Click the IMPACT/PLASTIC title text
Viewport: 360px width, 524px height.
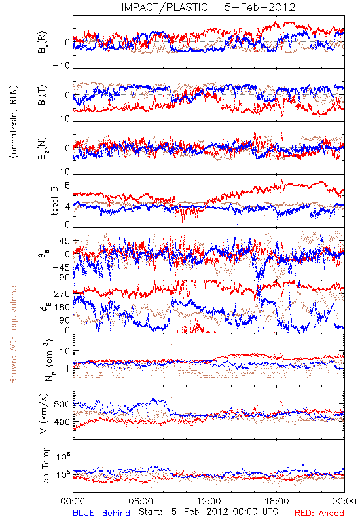164,7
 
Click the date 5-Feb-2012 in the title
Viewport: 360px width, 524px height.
260,7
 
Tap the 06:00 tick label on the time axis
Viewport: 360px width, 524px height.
141,501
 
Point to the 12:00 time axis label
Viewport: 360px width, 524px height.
209,501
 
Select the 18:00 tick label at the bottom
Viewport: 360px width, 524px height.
277,501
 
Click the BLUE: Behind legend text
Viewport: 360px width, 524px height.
101,513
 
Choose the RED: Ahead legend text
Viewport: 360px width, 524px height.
319,513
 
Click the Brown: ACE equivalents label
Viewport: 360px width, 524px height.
13,333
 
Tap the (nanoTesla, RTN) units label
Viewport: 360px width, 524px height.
14,122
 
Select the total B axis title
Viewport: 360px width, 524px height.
54,201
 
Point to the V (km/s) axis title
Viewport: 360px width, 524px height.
45,413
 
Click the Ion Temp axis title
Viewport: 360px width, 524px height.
45,466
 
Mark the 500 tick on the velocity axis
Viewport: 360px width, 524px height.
62,404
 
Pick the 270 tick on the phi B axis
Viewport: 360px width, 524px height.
62,293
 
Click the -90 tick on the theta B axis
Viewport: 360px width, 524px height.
62,278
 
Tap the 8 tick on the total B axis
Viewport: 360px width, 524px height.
67,185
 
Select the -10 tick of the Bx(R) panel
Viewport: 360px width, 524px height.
62,66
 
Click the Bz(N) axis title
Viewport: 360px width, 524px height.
43,148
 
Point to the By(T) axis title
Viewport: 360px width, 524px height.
43,95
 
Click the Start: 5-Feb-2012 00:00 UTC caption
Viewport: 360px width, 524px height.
208,512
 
